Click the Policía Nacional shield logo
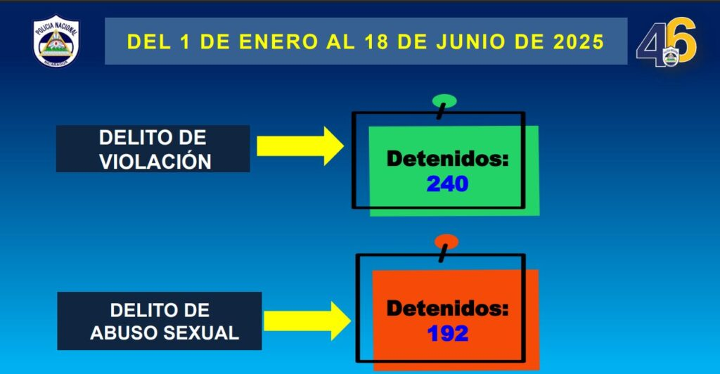[56, 41]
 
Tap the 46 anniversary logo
[667, 42]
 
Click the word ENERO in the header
[278, 41]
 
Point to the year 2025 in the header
[579, 41]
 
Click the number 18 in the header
[376, 41]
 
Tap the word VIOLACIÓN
[155, 162]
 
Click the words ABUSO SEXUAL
[165, 333]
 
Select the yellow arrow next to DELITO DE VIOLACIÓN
[300, 146]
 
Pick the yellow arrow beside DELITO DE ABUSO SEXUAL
[307, 321]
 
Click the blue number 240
[447, 184]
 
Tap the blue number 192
[448, 334]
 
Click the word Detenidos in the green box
[448, 159]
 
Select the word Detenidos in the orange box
[448, 309]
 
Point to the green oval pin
[444, 101]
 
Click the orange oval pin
[446, 241]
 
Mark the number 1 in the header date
[185, 41]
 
